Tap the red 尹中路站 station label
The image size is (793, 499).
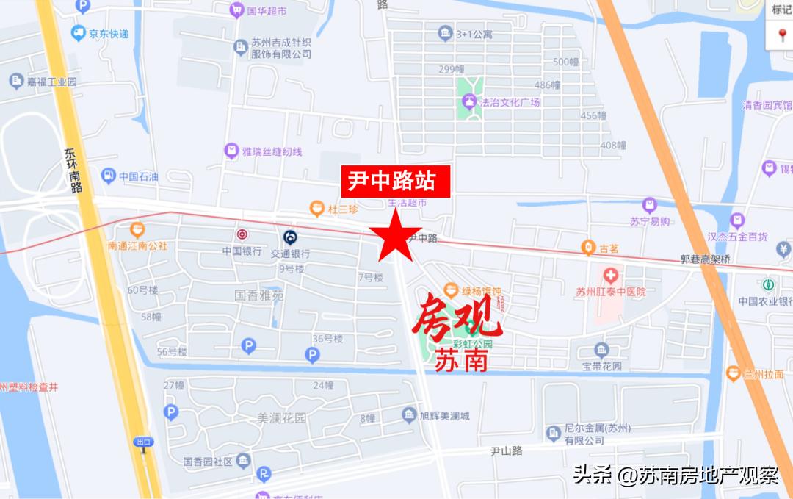395,181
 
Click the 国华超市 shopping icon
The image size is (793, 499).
236,10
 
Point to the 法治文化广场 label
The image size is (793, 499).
510,102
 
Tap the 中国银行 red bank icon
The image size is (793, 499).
242,235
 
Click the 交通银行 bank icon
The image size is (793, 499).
290,237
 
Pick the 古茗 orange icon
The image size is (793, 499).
587,248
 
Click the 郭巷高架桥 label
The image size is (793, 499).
704,259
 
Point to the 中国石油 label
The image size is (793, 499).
139,176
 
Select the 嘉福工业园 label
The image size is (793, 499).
52,82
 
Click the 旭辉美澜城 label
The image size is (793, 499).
444,417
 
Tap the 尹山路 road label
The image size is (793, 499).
506,450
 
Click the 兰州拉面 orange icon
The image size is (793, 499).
732,373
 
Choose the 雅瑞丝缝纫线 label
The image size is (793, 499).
272,151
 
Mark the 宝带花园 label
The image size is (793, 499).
602,365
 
